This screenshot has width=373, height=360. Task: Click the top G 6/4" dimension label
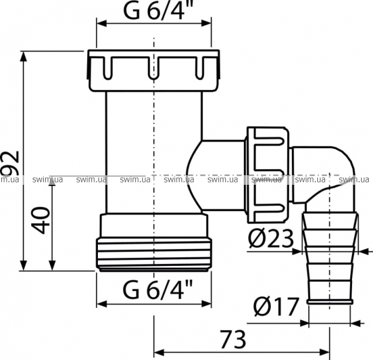tap(154, 11)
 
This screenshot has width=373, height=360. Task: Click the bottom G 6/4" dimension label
tap(154, 289)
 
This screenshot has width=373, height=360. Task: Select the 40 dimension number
tap(41, 220)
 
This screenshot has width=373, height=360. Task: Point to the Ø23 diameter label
tap(271, 238)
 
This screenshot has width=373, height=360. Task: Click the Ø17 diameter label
tap(276, 307)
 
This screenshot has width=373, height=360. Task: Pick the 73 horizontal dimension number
tap(233, 340)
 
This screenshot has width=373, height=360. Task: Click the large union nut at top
tap(153, 71)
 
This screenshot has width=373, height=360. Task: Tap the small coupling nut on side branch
tap(268, 175)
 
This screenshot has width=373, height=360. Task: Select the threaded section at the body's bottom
tap(154, 254)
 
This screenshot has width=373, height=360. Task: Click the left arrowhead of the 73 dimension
tap(158, 352)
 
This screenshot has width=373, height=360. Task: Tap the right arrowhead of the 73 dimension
tap(325, 352)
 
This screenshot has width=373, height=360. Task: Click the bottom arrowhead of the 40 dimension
tap(52, 265)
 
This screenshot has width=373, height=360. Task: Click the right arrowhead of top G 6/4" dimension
tap(206, 23)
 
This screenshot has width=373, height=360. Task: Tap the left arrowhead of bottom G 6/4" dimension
tap(102, 304)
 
